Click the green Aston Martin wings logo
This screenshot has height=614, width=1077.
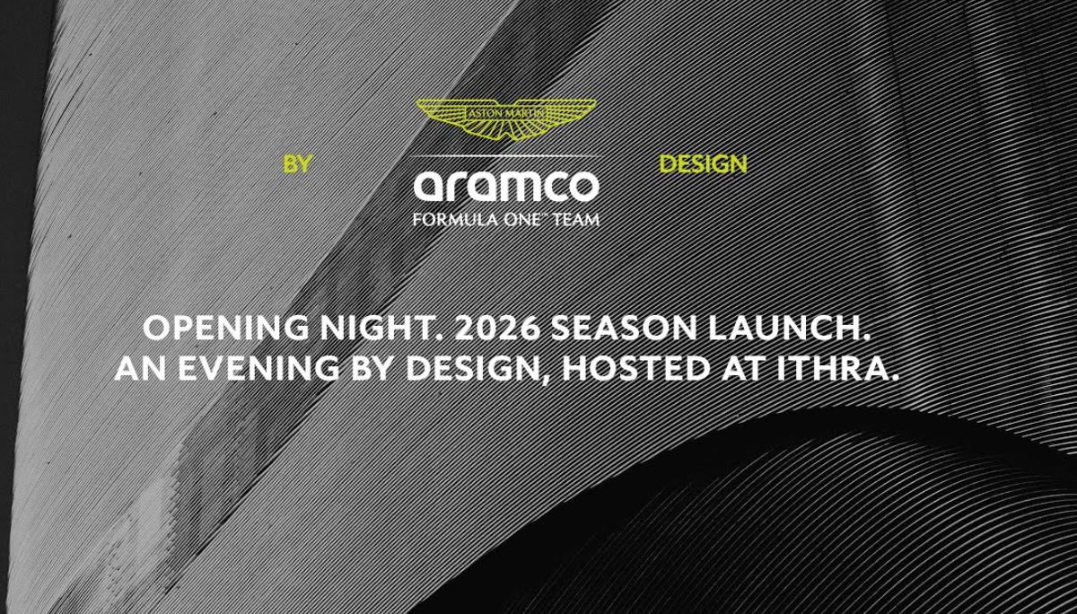506,119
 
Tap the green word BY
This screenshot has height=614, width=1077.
298,164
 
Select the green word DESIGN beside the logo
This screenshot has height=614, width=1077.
703,164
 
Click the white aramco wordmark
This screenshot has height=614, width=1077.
506,186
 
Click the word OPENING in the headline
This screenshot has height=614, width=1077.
226,328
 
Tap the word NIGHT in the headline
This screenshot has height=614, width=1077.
381,328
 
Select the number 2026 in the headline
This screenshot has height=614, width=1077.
497,328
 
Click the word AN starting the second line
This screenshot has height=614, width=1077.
140,368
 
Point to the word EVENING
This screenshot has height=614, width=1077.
258,368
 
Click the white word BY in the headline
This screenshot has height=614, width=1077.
372,368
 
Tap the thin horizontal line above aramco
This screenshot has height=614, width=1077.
506,156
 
